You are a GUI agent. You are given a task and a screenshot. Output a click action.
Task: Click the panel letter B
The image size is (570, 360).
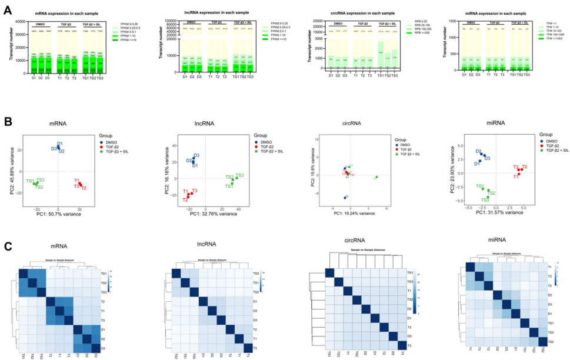8,123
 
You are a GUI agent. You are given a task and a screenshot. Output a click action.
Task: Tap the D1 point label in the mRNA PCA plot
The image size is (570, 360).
60,144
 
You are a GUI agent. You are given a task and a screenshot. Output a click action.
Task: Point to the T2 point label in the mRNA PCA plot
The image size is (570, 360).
84,188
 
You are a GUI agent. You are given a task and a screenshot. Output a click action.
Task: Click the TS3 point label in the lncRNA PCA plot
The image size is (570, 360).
239,175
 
